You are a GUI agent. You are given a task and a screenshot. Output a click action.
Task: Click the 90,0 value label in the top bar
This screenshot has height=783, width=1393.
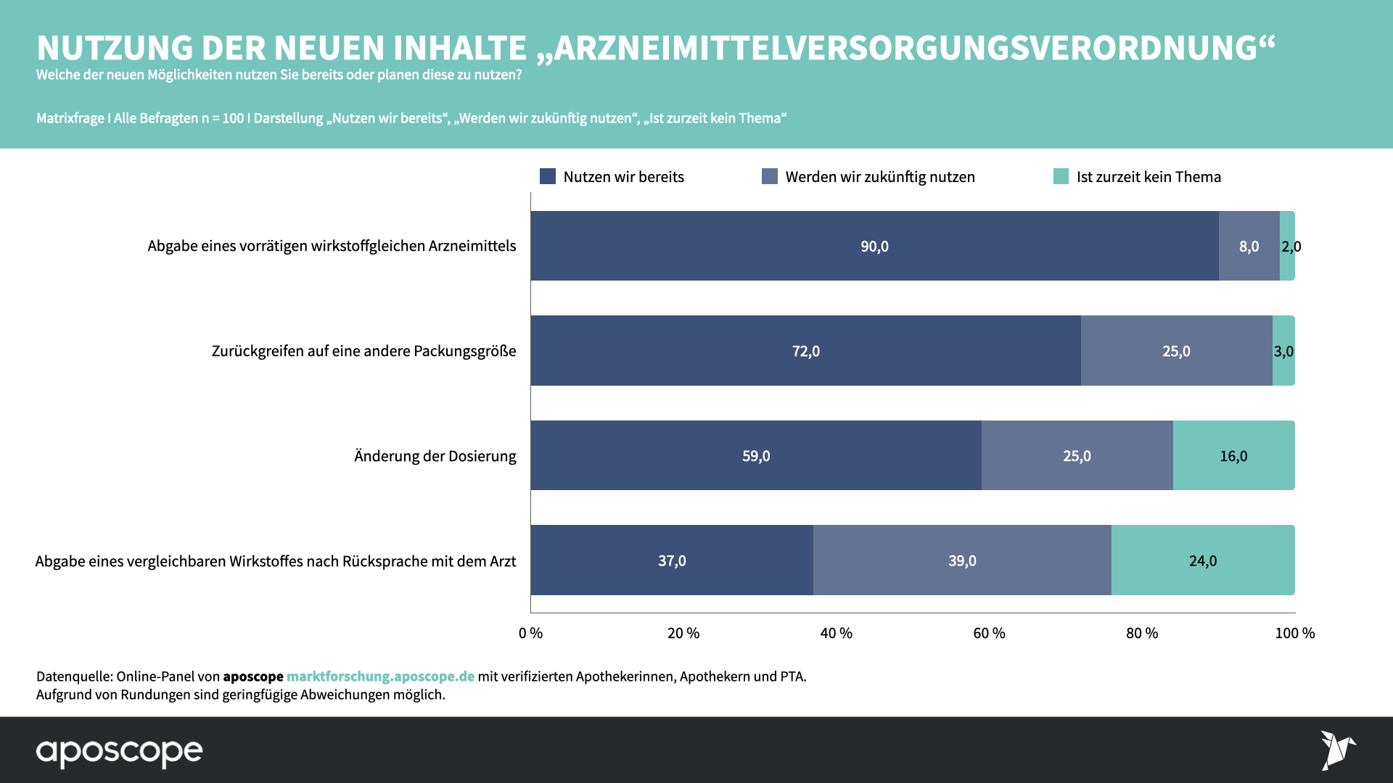(x=874, y=246)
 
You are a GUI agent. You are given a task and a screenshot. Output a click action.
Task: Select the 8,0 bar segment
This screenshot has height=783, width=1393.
(x=1249, y=246)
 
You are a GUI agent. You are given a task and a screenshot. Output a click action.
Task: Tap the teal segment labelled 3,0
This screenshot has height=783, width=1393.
(x=1283, y=351)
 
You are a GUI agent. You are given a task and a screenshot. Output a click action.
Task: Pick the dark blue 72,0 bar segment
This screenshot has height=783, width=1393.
(x=805, y=351)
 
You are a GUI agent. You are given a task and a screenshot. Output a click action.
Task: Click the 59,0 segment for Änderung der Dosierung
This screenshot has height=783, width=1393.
(x=756, y=456)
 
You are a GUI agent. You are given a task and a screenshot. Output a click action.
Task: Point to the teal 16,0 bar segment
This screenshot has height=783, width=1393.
(x=1233, y=456)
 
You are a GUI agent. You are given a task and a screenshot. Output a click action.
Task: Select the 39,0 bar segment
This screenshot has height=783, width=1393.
(x=962, y=560)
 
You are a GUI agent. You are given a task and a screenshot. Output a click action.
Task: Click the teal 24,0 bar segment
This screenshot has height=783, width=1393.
(x=1203, y=560)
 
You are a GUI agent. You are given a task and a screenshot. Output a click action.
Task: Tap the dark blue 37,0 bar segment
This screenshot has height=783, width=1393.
(x=672, y=560)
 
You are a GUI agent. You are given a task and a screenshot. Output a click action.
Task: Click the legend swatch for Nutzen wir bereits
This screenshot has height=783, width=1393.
(x=548, y=176)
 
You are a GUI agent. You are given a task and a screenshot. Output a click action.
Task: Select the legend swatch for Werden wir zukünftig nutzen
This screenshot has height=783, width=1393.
(x=770, y=176)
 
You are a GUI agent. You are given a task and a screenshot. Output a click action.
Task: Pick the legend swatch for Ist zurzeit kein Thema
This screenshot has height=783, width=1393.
(x=1061, y=176)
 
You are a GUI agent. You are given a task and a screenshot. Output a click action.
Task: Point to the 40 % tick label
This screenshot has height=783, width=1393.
(x=836, y=633)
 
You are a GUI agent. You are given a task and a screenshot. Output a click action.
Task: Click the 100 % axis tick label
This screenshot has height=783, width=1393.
(x=1294, y=633)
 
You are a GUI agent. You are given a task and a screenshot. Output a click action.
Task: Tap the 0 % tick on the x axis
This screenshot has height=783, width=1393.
(x=530, y=633)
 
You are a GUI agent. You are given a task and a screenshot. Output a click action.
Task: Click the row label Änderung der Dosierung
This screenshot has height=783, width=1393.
(x=435, y=456)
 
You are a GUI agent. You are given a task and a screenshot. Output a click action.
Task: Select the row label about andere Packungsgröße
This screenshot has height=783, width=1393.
(x=363, y=351)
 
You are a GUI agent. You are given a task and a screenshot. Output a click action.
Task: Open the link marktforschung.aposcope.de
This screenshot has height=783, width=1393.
(x=380, y=676)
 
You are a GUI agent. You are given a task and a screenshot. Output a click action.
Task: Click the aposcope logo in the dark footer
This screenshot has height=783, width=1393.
(x=120, y=752)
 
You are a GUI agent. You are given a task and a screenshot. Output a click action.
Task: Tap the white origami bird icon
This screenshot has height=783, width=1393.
(x=1337, y=750)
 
